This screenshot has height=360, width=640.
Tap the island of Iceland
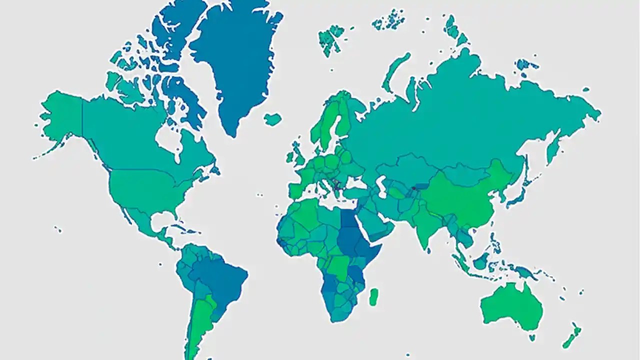coord(272,119)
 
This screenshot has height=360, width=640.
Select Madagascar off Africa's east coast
coord(373,296)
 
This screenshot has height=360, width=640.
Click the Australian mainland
coord(510,305)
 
